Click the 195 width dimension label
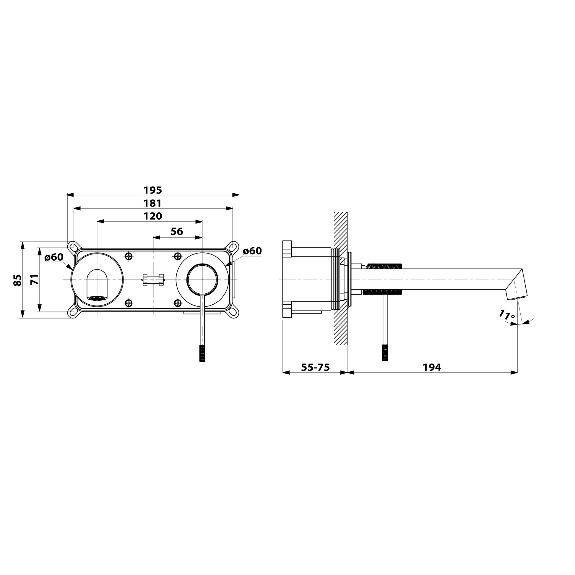pos(153,190)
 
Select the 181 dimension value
pos(153,203)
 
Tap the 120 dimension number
pos(153,216)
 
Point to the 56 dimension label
pos(177,232)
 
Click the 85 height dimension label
pos(17,280)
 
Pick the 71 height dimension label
pos(35,280)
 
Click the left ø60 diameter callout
pos(54,257)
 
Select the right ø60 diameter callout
pos(252,251)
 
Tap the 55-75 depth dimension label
pos(316,368)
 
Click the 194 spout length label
pos(432,368)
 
